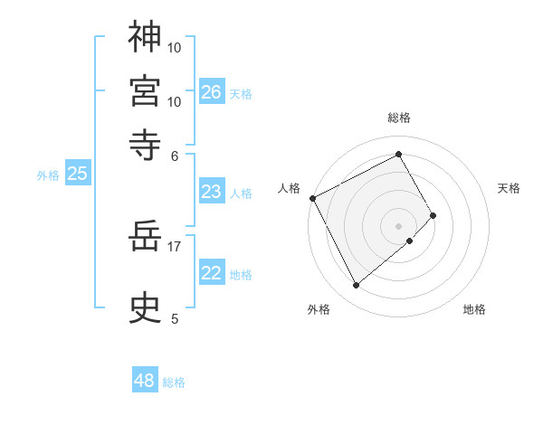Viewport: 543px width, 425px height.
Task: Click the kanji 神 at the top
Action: click(x=145, y=37)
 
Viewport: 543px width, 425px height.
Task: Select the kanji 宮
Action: click(x=145, y=91)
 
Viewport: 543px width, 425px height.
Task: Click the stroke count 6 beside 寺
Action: click(x=175, y=155)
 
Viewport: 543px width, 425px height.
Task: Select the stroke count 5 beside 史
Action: click(x=175, y=317)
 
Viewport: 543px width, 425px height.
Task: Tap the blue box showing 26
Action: click(x=211, y=91)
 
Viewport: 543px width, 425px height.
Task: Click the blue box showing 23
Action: click(x=211, y=192)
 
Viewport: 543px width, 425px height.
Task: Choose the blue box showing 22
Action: click(x=211, y=273)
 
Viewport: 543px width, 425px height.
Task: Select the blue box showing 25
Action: click(x=77, y=174)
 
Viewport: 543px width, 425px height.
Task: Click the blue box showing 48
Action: click(x=145, y=381)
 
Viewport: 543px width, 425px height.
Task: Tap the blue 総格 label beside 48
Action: click(x=174, y=382)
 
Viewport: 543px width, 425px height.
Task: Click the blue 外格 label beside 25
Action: click(x=48, y=175)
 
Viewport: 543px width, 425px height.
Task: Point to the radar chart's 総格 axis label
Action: click(x=399, y=118)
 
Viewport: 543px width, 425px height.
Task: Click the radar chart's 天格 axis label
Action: click(x=509, y=188)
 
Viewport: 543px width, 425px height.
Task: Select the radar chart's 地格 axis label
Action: click(x=474, y=309)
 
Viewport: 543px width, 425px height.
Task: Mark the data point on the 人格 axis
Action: click(x=312, y=198)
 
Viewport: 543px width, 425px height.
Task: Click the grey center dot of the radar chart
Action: click(x=399, y=225)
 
